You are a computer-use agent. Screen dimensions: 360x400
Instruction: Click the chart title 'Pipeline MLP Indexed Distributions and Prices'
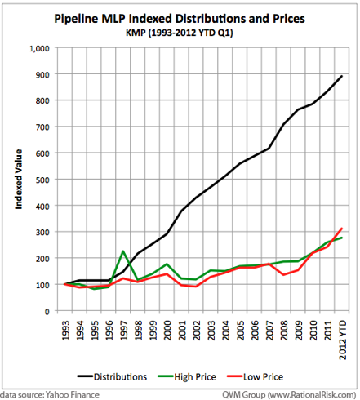(x=180, y=19)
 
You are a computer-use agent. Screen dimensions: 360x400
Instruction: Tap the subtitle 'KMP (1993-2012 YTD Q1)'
(x=180, y=33)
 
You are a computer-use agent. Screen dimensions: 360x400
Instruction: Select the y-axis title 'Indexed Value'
(x=18, y=180)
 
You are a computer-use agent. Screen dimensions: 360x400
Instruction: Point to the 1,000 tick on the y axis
(x=39, y=49)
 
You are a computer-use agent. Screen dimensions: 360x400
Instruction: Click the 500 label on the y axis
(x=42, y=180)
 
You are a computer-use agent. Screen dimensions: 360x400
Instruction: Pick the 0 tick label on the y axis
(x=47, y=312)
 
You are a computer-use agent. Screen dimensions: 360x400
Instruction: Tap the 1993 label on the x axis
(x=65, y=331)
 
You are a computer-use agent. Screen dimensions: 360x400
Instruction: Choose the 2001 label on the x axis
(x=181, y=331)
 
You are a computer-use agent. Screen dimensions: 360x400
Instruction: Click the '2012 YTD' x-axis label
(x=342, y=340)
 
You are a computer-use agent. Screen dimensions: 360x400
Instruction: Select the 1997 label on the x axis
(x=123, y=331)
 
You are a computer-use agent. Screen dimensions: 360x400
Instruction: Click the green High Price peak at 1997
(x=123, y=251)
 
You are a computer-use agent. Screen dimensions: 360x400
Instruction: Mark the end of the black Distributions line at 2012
(x=342, y=76)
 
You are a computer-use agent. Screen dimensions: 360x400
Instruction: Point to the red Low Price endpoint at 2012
(x=342, y=229)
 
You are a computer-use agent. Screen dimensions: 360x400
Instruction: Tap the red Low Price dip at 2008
(x=283, y=275)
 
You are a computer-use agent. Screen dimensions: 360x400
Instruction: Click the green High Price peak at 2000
(x=167, y=264)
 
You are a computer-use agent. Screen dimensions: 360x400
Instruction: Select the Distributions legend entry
(x=112, y=377)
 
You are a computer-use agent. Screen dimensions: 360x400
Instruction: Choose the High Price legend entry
(x=187, y=377)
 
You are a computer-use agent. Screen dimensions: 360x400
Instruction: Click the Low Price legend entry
(x=255, y=377)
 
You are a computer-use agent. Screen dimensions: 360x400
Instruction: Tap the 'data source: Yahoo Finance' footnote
(x=50, y=394)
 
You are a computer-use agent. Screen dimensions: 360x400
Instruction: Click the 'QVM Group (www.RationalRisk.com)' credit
(x=289, y=394)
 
